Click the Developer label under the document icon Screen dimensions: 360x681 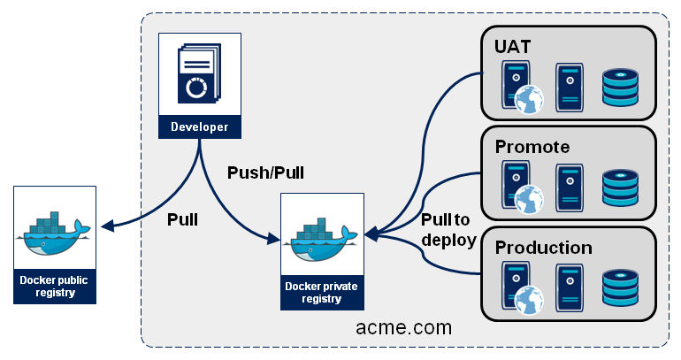point(199,127)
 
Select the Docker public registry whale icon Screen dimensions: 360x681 point(55,233)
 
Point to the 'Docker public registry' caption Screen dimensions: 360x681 point(55,287)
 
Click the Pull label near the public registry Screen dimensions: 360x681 point(182,219)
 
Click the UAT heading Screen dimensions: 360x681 point(513,45)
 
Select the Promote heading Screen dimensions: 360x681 point(532,146)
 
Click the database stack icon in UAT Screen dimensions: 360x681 point(619,87)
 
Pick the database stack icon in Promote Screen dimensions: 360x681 point(619,188)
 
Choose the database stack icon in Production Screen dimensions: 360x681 point(619,288)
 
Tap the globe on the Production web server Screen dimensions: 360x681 point(528,301)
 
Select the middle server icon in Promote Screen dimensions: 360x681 point(569,188)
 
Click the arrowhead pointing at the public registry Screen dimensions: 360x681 point(107,227)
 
